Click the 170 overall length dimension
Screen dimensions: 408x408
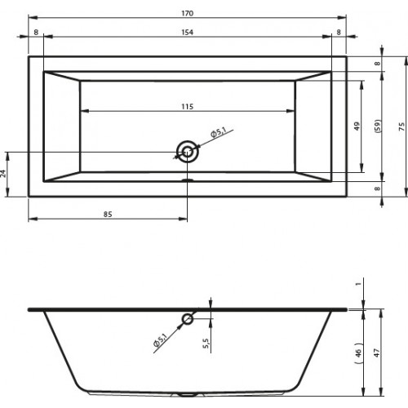(188, 13)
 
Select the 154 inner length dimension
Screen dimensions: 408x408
(188, 33)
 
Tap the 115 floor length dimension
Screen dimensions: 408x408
(188, 107)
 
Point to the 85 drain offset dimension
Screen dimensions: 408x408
(108, 215)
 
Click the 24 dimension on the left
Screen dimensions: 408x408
(3, 174)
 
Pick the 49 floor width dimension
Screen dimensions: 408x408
(357, 126)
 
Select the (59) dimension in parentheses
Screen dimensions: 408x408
(378, 126)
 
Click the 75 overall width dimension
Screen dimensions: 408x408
(401, 126)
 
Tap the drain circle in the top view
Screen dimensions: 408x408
(187, 152)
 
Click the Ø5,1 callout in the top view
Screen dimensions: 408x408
(219, 132)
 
